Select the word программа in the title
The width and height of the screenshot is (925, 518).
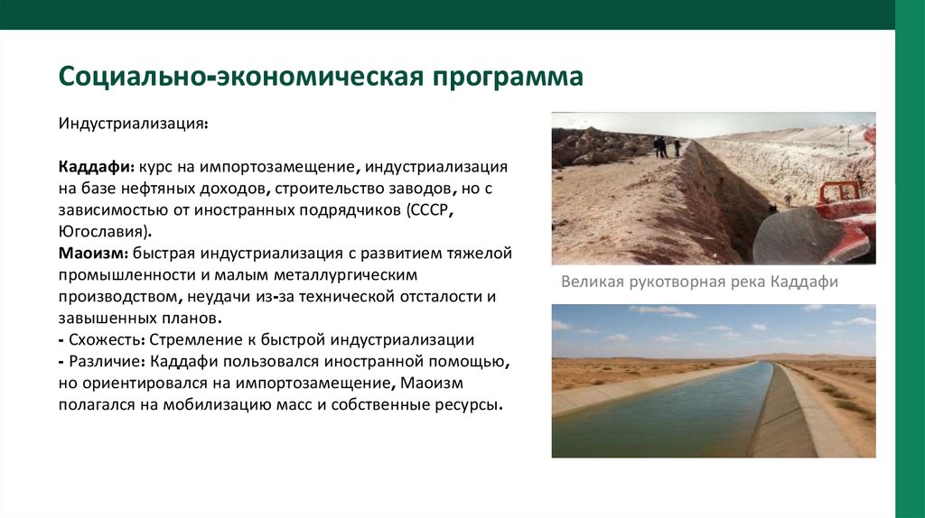508,76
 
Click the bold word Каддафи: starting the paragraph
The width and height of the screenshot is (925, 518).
97,168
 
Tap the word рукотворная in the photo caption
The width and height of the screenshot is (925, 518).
669,282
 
